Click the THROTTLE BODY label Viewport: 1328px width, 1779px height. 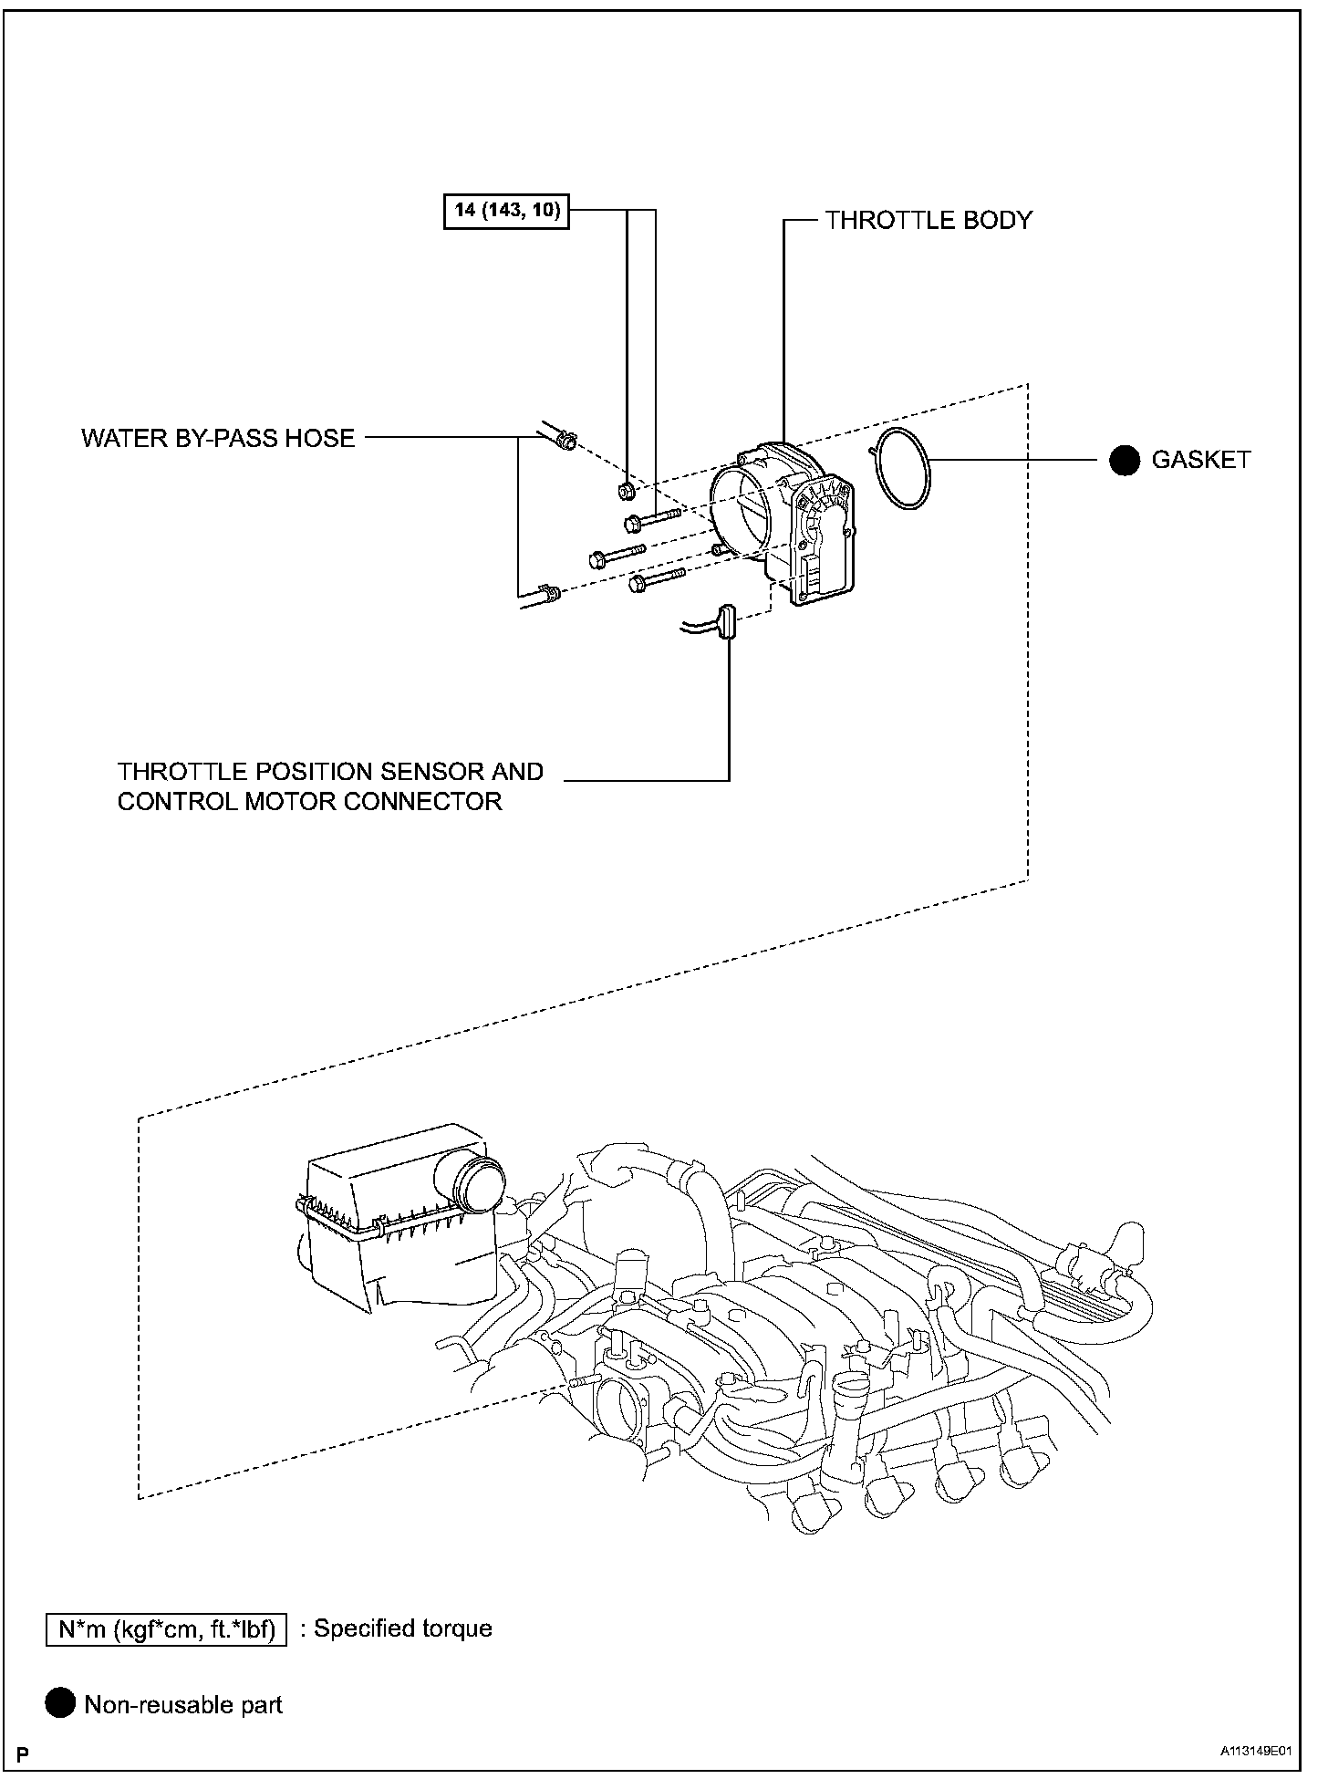point(928,221)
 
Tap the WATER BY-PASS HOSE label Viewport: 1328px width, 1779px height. point(218,438)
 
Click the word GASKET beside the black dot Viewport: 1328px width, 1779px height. point(1200,460)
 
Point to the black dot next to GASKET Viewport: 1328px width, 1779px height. point(1125,460)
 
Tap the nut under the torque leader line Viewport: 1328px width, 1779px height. point(627,492)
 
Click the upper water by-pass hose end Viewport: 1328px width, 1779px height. point(563,441)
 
